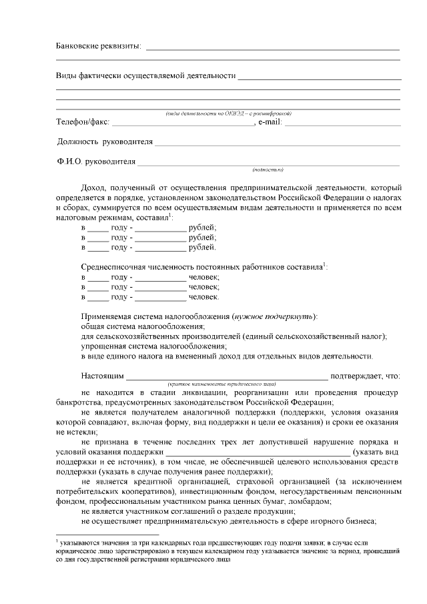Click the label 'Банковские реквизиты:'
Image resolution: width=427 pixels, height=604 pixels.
97,46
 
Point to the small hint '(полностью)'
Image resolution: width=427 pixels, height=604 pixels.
268,170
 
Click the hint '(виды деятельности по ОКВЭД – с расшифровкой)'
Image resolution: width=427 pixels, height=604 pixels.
228,113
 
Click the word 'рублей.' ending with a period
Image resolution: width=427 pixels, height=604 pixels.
202,247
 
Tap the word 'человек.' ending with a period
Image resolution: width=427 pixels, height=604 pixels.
204,296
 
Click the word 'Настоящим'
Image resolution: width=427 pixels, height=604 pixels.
102,376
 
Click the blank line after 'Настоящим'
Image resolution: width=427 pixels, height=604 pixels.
227,377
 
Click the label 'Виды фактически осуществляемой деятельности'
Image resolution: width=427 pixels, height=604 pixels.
145,75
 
